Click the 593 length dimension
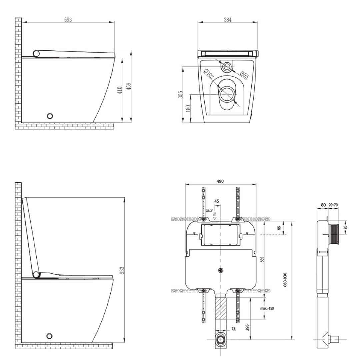point(68,20)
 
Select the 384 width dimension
point(228,20)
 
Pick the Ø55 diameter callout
point(244,75)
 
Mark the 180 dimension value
point(188,108)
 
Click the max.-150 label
point(267,308)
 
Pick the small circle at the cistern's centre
point(220,270)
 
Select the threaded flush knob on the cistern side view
point(334,235)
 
